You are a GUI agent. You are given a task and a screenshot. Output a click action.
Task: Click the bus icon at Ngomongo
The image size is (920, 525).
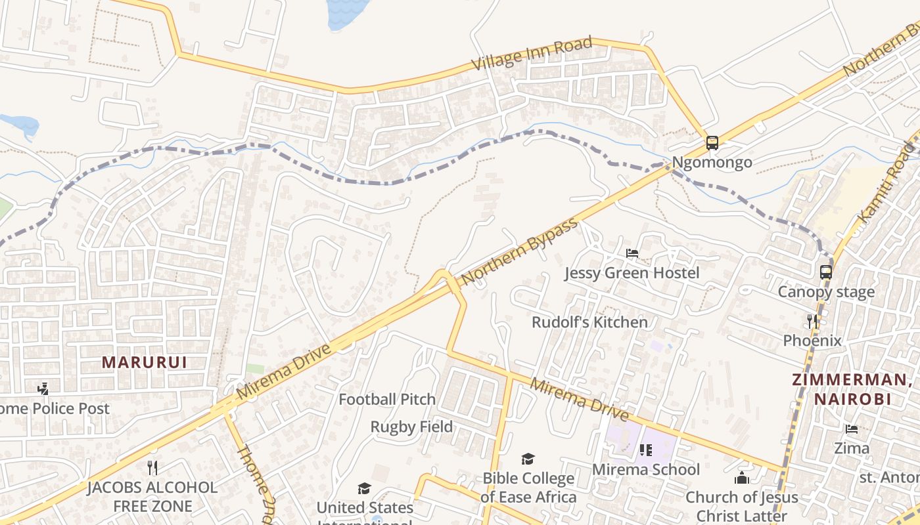[x=712, y=142]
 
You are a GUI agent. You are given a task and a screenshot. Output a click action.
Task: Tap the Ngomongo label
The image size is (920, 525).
[x=712, y=163]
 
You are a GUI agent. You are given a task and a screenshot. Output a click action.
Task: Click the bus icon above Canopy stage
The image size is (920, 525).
[x=826, y=272]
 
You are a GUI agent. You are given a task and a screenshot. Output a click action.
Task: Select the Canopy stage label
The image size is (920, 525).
[x=826, y=292]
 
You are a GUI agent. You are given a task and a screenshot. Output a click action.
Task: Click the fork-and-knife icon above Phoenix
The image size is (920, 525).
[x=813, y=321]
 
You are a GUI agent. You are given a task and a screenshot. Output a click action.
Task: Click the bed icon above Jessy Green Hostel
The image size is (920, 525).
[x=632, y=253]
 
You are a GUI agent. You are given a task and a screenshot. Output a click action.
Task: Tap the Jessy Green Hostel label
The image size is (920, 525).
[x=632, y=273]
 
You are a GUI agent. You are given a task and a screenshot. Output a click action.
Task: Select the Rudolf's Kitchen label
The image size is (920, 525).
[x=589, y=322]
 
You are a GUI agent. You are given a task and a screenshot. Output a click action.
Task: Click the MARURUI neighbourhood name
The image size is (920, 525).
[x=145, y=362]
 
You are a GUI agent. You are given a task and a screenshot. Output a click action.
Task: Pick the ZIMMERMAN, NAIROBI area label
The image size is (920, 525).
[x=852, y=388]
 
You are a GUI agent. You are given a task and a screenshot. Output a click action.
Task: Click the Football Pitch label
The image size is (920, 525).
[x=387, y=399]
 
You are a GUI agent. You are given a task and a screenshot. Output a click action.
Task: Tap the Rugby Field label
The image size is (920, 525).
[x=411, y=427]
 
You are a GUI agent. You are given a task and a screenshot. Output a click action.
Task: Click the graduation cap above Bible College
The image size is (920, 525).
[x=528, y=459]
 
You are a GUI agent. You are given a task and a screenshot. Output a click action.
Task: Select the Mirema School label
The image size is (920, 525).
[x=646, y=470]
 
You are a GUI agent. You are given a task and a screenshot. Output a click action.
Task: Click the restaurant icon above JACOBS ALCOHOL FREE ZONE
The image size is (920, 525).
[x=152, y=467]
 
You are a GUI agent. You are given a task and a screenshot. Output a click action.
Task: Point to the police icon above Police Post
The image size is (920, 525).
[x=43, y=389]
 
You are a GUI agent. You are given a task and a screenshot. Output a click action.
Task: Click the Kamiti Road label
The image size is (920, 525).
[x=886, y=183]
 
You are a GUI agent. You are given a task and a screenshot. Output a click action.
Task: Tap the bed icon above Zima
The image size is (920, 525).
[x=852, y=430]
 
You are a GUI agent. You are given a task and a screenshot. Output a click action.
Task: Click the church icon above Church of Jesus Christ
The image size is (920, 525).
[x=742, y=478]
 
